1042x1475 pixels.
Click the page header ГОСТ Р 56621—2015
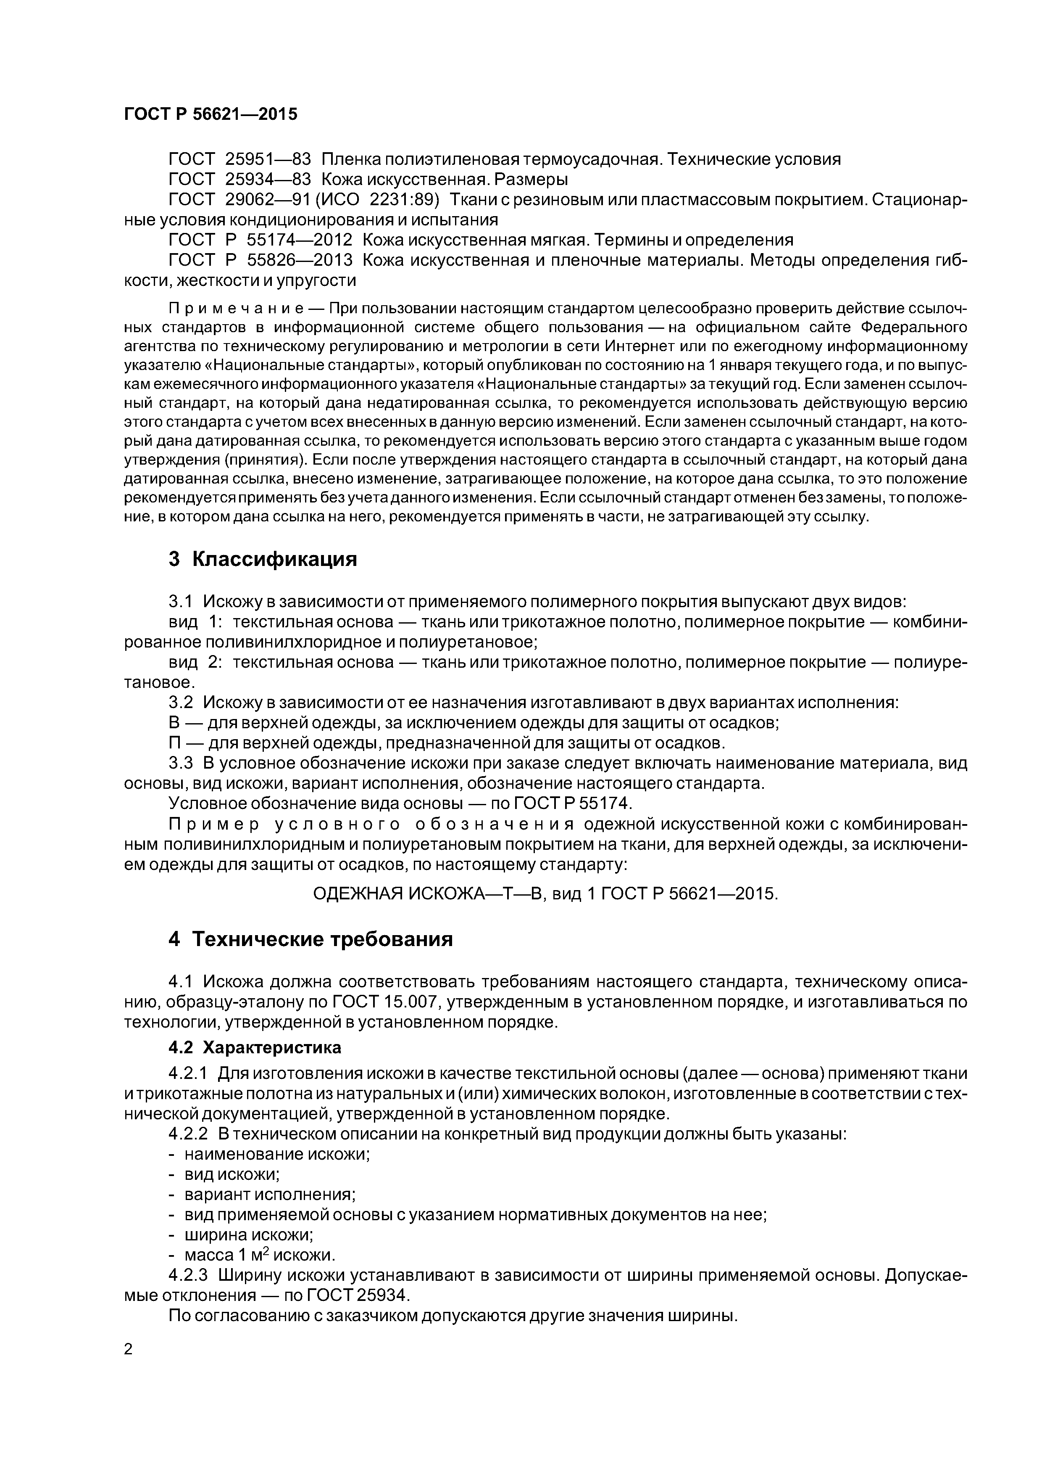tap(211, 114)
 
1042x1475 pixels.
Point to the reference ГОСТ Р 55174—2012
tap(260, 240)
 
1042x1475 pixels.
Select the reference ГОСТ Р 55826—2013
tap(260, 260)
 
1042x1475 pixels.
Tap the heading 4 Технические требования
tap(311, 939)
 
